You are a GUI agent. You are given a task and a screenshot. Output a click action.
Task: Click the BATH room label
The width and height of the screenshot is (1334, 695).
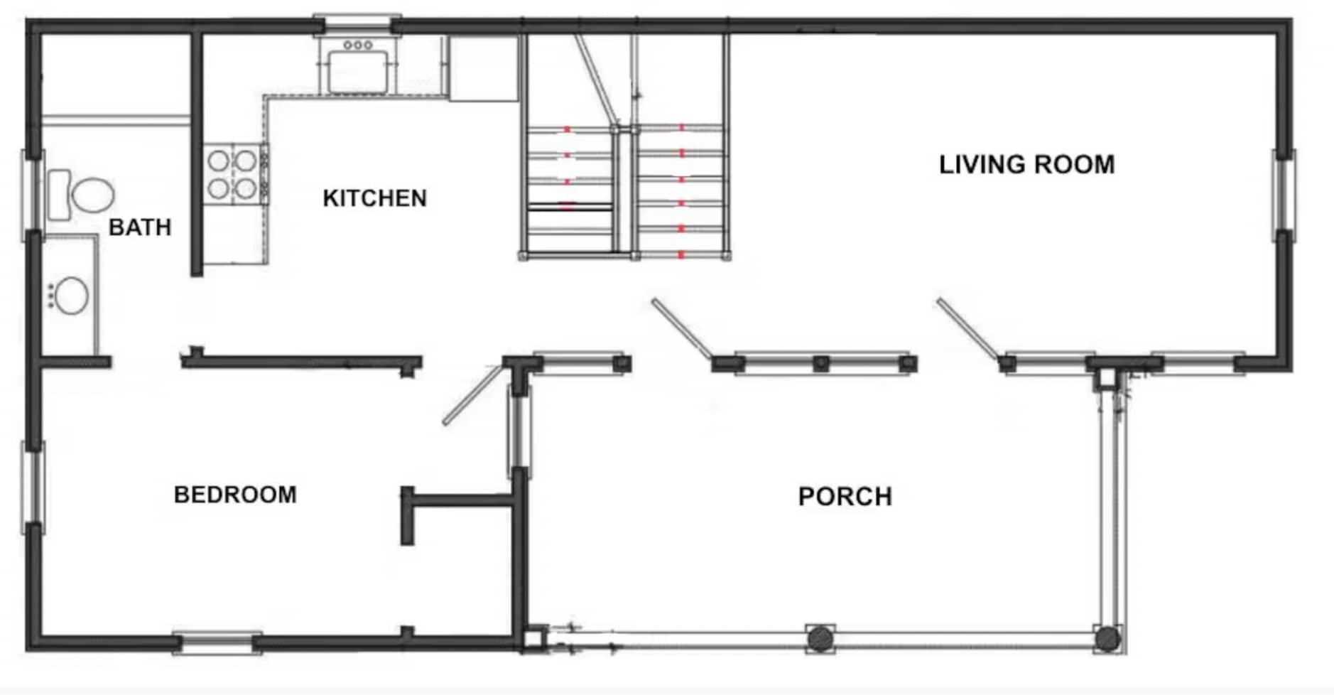click(140, 227)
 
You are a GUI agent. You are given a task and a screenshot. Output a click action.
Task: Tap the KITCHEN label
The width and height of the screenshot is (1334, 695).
click(375, 198)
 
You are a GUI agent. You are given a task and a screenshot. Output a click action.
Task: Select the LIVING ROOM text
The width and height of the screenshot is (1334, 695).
click(1027, 165)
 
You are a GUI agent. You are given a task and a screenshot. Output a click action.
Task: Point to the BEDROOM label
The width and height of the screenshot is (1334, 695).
click(235, 495)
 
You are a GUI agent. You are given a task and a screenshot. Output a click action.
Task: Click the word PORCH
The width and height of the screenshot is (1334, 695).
click(845, 497)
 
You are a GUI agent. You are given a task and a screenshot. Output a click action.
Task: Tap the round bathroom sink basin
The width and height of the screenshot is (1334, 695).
click(71, 296)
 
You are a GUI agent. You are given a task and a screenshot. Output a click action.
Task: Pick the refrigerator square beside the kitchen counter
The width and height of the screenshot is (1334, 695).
click(484, 68)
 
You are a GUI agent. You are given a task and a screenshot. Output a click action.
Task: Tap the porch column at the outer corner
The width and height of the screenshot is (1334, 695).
click(1107, 639)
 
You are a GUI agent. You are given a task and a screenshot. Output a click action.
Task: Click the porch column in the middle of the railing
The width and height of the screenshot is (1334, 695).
click(820, 638)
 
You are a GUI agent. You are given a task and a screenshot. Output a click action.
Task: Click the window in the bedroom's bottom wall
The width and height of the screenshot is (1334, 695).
click(217, 644)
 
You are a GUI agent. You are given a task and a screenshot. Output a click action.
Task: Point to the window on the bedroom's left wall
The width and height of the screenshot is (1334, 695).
click(33, 487)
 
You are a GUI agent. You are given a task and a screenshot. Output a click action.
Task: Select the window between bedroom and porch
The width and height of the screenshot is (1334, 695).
click(519, 432)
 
